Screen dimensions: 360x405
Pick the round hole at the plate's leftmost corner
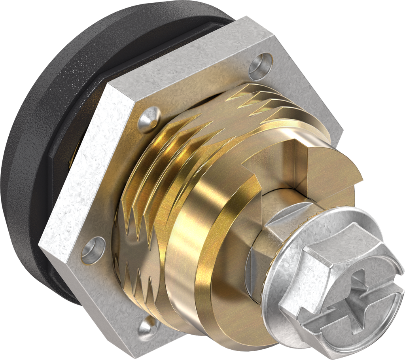pyautogui.click(x=91, y=250)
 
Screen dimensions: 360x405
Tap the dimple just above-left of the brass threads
pyautogui.click(x=150, y=119)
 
